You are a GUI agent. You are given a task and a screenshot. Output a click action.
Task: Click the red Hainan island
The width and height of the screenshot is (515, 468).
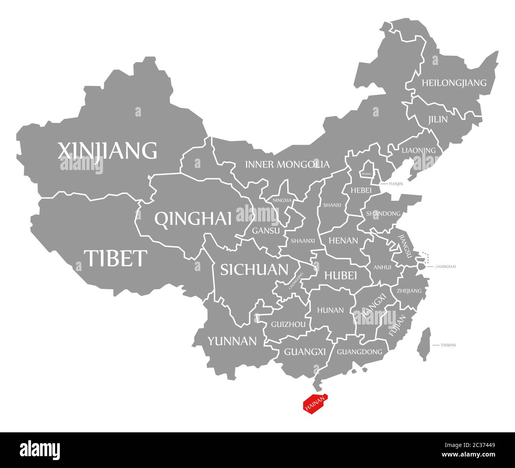click(315, 405)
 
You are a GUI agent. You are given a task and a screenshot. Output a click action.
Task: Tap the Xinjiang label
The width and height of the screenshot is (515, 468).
click(107, 151)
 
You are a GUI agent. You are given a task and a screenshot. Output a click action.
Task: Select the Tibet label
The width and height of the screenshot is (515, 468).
click(115, 258)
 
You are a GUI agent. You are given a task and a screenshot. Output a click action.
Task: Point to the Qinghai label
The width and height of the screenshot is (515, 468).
click(193, 219)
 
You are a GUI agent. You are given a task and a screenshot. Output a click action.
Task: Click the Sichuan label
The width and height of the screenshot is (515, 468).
click(254, 270)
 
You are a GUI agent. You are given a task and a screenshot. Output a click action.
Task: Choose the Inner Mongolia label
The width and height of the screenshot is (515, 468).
click(287, 164)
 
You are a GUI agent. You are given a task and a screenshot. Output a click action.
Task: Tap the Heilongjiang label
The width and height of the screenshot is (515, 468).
click(454, 83)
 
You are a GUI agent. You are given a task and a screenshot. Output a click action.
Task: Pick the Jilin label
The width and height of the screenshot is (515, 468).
click(437, 119)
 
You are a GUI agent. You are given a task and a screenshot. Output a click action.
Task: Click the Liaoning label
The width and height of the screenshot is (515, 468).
click(418, 151)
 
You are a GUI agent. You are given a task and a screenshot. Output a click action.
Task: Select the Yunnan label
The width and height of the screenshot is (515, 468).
click(232, 341)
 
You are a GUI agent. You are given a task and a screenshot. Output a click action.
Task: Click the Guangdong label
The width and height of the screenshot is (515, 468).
click(359, 351)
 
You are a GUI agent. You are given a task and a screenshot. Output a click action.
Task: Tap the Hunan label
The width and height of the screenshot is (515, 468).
click(330, 310)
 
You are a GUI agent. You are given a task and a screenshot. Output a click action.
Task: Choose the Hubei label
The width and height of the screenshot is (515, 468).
click(341, 275)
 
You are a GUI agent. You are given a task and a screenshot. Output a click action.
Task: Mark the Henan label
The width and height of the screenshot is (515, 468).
click(343, 241)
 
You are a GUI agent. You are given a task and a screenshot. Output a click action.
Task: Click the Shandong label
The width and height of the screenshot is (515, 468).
click(383, 214)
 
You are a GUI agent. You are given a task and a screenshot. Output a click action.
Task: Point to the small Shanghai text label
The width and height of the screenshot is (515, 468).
click(445, 267)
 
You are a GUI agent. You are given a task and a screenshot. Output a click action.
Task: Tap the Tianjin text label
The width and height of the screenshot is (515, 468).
click(396, 184)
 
